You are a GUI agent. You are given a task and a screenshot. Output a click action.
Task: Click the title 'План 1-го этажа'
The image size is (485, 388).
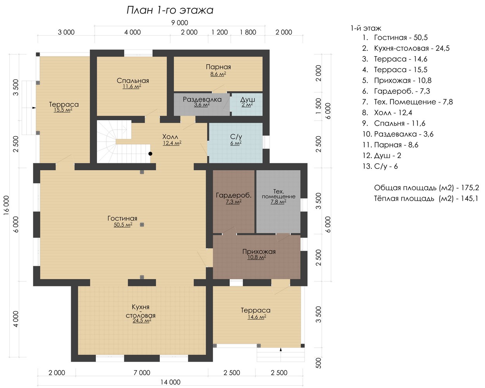coord(170,10)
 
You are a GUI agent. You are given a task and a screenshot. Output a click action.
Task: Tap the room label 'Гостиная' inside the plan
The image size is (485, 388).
coord(122,218)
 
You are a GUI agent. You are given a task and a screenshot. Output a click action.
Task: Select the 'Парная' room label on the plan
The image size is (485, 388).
coord(218,67)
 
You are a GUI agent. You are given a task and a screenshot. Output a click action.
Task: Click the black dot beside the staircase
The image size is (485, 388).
coord(150,154)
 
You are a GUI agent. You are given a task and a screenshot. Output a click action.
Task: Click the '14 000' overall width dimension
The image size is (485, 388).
coord(170,382)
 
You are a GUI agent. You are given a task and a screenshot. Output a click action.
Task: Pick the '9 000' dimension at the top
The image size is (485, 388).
coord(180,23)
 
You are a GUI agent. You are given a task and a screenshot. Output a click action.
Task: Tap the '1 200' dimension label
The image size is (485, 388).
coord(220,32)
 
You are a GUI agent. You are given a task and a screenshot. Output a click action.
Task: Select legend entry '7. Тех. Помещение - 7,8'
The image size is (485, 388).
coord(407,102)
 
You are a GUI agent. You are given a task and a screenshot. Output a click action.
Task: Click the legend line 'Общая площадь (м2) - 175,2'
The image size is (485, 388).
coord(427,187)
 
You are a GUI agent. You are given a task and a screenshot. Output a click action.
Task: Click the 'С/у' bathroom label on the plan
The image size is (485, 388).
coord(236,137)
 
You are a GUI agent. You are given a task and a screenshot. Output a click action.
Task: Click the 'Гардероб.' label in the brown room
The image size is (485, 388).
coord(234,195)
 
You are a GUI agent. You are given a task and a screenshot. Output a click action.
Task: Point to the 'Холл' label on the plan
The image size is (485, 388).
coord(170,137)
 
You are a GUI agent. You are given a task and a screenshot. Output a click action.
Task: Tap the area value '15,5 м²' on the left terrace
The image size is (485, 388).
coord(63,110)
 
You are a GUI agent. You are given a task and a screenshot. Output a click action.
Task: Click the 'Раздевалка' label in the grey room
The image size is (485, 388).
coord(202,99)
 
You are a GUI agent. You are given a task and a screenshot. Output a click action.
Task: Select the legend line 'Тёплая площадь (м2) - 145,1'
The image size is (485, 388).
coord(426,198)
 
